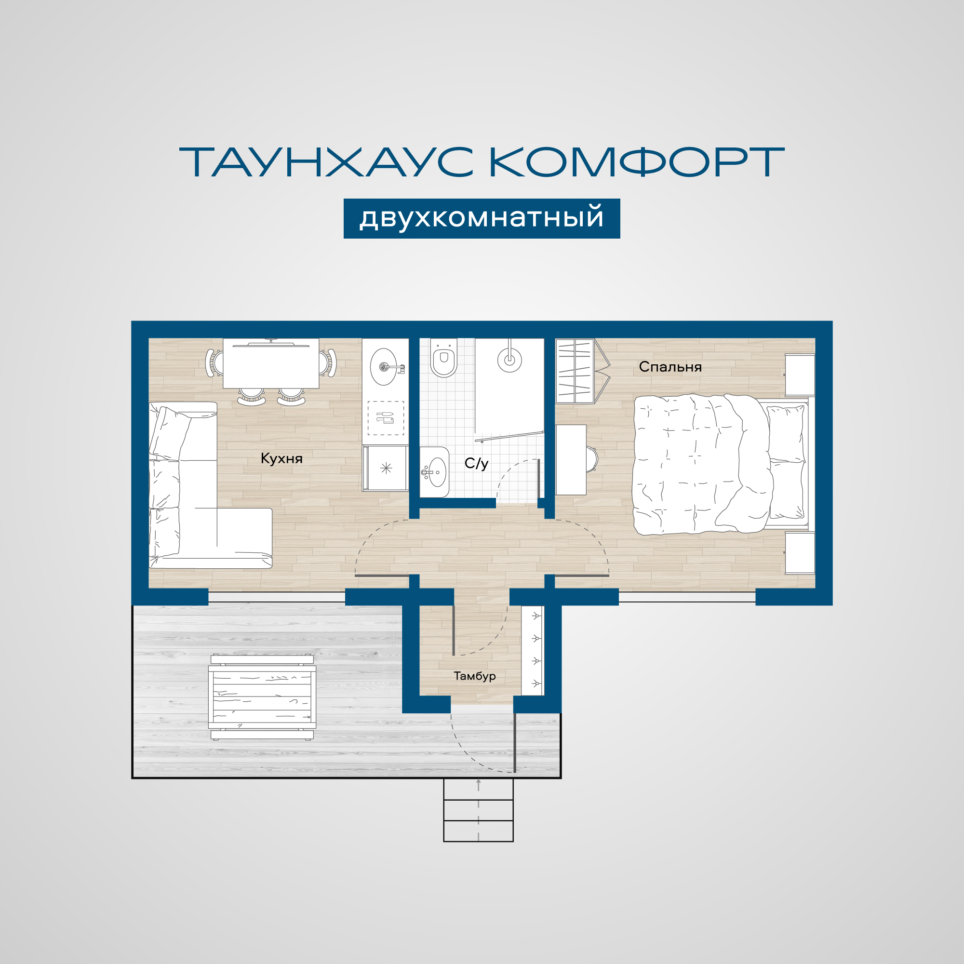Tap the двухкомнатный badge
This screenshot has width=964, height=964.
click(482, 218)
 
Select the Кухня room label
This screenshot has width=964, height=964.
click(281, 458)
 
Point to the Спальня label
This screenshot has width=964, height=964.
click(670, 367)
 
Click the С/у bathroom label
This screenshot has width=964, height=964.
click(477, 463)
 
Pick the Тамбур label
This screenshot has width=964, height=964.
click(474, 676)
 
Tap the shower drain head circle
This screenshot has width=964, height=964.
click(509, 359)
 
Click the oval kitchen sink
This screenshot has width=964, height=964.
click(384, 367)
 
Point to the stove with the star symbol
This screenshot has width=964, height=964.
click(385, 468)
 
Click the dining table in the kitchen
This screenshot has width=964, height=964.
click(271, 363)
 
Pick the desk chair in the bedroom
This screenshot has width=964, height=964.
click(592, 459)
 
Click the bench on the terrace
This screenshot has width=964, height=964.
click(262, 696)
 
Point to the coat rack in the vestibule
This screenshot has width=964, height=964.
click(533, 650)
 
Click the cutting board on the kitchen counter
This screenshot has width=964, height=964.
click(385, 417)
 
